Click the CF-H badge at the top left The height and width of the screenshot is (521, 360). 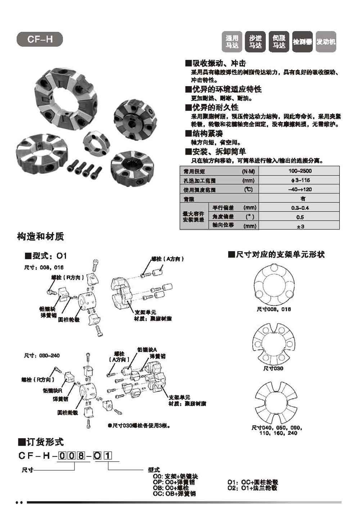coord(40,40)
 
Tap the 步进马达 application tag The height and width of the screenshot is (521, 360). coord(256,42)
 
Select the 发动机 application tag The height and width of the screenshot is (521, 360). coord(326,42)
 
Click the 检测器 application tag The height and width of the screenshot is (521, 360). coord(302,42)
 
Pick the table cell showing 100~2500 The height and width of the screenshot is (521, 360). coord(300,171)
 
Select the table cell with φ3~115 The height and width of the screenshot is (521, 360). coord(300,181)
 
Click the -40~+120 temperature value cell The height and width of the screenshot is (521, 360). coord(300,190)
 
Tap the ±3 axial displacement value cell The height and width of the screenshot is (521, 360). coord(300,226)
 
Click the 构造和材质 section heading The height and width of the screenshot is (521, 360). coord(40,237)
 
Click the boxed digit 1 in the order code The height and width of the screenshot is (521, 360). coord(108,456)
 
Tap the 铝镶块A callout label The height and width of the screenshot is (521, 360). coord(147,349)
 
